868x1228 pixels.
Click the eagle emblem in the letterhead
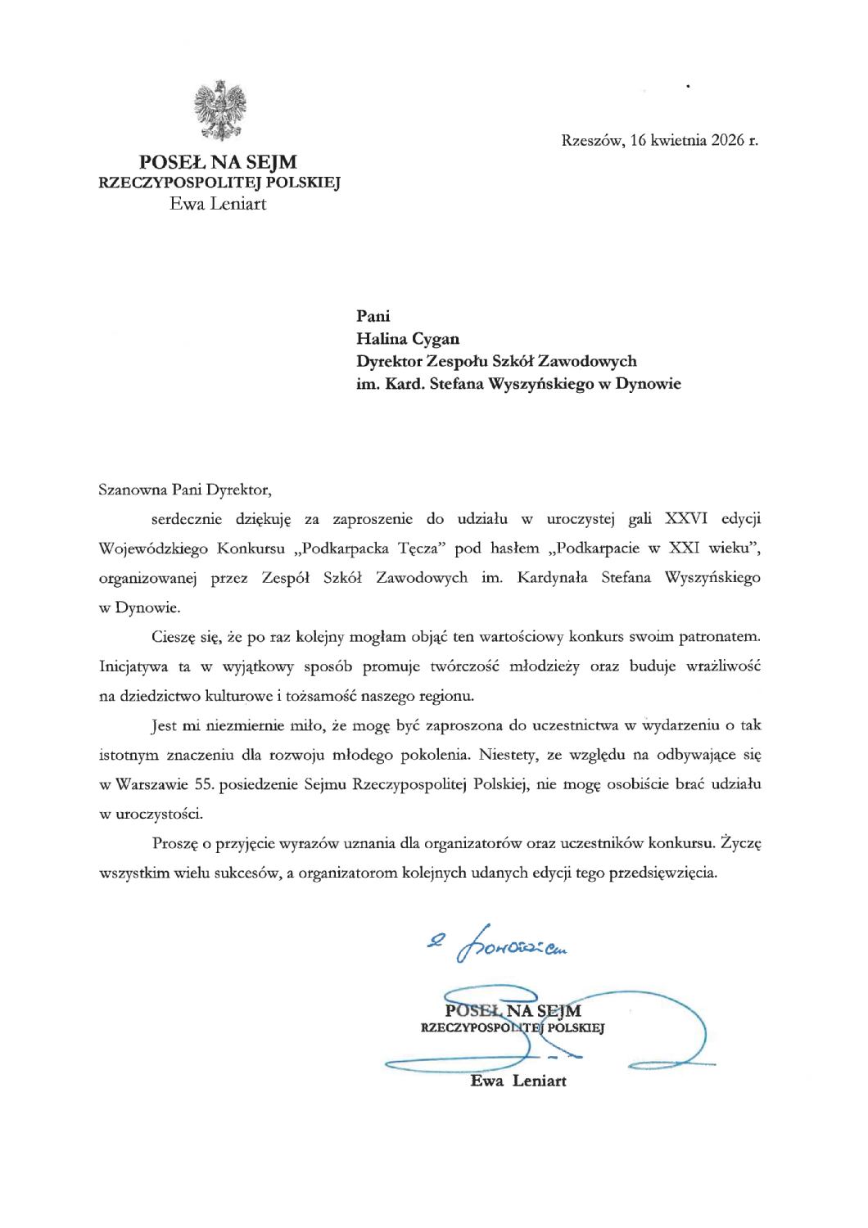(x=219, y=110)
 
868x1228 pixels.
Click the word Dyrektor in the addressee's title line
(x=390, y=360)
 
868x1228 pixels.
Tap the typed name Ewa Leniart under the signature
(x=518, y=1081)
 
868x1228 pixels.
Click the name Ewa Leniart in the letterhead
(x=218, y=203)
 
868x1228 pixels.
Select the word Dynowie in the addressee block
(x=650, y=383)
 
